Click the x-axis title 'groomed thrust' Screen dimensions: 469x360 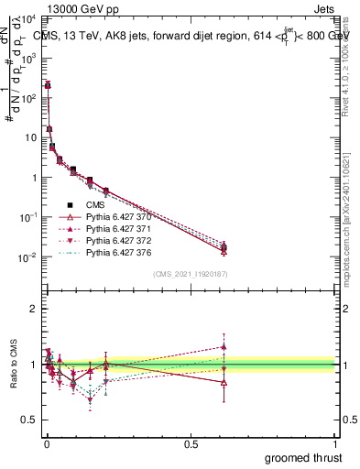click(x=303, y=457)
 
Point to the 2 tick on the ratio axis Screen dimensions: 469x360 click(x=33, y=309)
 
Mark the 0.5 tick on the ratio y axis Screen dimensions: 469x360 click(x=29, y=420)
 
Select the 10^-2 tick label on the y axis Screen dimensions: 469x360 click(x=27, y=257)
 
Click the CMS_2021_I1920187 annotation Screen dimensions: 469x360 click(x=191, y=274)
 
